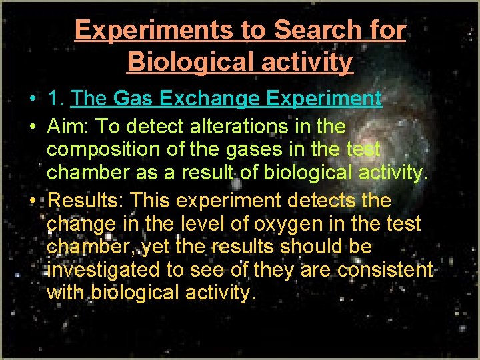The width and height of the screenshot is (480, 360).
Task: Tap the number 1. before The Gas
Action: pyautogui.click(x=56, y=99)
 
